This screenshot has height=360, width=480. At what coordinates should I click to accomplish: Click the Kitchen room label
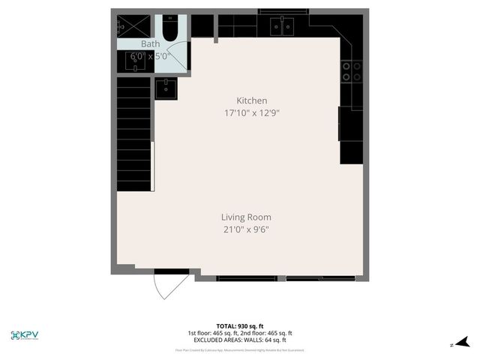click(252, 100)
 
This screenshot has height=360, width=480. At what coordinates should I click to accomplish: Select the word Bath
click(140, 44)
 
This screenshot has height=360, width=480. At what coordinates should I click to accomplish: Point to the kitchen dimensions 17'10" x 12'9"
click(252, 113)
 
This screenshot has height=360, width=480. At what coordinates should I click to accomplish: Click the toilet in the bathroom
click(172, 30)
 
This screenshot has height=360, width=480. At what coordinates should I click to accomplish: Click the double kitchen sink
click(281, 28)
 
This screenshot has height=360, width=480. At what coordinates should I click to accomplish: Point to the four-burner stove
click(347, 71)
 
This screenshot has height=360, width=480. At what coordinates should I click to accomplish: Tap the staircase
click(134, 135)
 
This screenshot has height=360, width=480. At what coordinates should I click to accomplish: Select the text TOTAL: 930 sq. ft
click(240, 326)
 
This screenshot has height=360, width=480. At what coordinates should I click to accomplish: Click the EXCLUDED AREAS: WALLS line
click(240, 340)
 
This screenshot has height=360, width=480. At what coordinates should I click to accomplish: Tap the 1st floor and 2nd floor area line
click(240, 333)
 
